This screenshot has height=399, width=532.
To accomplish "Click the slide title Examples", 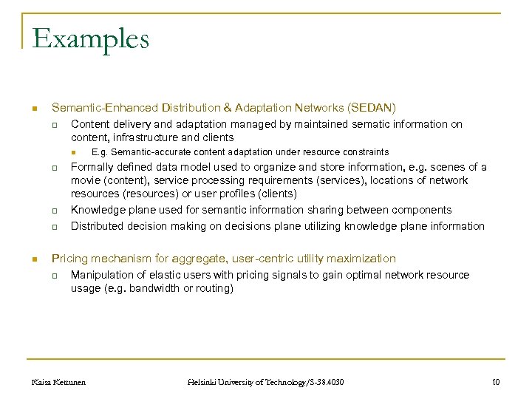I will click(x=90, y=38).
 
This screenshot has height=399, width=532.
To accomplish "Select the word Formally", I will click(x=92, y=167).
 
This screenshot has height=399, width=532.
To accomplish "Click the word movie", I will click(x=86, y=181).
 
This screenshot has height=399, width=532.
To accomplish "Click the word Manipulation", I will click(x=103, y=275).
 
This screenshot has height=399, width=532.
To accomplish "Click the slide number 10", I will click(x=495, y=382).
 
